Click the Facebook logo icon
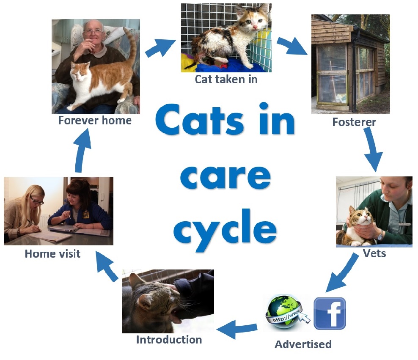tap(330, 313)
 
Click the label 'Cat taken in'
tap(226, 79)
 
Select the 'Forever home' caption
tap(95, 121)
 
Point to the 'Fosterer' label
tap(354, 122)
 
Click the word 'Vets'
tap(374, 253)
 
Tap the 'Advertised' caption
tap(303, 344)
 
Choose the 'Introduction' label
tap(169, 340)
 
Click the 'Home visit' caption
tap(52, 254)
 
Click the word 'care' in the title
tap(225, 177)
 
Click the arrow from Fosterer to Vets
tap(373, 149)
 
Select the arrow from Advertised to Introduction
tap(237, 329)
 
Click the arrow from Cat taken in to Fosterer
tap(292, 46)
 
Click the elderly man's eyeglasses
tap(93, 32)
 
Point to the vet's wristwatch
tap(380, 235)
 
